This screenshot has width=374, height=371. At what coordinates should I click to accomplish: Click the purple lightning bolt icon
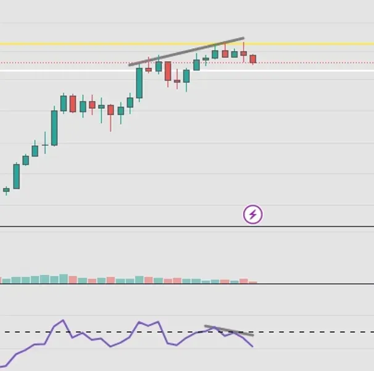[252, 215]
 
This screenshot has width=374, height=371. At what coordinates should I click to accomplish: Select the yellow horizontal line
[93, 44]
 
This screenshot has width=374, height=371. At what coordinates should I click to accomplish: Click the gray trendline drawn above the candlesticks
[185, 51]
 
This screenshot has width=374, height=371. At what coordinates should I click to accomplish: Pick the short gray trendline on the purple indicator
[229, 330]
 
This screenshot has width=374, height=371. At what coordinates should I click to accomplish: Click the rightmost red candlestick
[252, 59]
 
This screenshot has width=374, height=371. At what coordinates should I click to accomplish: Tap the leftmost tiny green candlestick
[6, 190]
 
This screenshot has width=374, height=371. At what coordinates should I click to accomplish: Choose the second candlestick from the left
[16, 176]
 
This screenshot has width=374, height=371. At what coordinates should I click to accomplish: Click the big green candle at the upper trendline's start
[139, 82]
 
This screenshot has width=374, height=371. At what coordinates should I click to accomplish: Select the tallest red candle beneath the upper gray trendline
[167, 70]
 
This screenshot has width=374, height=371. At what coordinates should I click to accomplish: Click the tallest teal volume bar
[63, 278]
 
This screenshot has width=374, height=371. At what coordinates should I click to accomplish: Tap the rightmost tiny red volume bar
[252, 282]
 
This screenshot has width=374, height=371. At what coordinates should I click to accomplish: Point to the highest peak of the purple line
[62, 320]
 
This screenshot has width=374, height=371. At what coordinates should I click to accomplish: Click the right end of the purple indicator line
[252, 346]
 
